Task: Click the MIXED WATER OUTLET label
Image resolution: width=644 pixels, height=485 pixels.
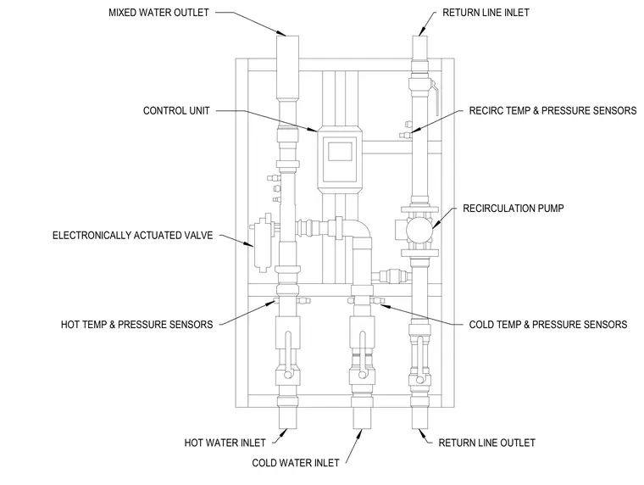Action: pos(158,13)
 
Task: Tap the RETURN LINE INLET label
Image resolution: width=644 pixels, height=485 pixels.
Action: pos(486,13)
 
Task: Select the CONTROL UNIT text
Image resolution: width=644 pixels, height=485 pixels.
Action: pos(176,110)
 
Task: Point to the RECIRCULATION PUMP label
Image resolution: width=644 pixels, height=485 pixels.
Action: pos(513,209)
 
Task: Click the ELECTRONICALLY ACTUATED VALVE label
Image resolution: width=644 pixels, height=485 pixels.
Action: pos(133,235)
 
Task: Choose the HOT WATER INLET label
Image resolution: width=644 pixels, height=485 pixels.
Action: pos(225,443)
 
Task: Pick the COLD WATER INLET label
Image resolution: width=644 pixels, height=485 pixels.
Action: pos(296,463)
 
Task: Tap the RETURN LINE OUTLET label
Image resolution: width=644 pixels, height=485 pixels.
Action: pos(486,443)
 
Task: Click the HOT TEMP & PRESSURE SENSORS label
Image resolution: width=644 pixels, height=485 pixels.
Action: pos(136,325)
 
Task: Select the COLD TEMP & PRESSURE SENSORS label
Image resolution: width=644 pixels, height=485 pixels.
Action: pos(548,325)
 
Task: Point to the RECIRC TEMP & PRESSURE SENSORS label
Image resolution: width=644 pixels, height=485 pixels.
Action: pos(552,110)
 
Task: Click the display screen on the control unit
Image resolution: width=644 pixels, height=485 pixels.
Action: pos(340,151)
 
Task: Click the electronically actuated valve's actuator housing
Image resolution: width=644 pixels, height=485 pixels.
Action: pos(261,242)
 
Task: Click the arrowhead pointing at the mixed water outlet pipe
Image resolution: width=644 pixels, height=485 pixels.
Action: pos(280,32)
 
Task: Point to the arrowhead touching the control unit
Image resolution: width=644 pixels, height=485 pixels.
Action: pos(312,129)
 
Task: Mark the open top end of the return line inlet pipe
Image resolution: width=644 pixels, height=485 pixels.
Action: pos(419,36)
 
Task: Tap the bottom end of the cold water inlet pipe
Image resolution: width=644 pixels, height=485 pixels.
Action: pos(363,428)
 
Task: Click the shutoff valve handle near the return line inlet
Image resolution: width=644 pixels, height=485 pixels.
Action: pos(436,98)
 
